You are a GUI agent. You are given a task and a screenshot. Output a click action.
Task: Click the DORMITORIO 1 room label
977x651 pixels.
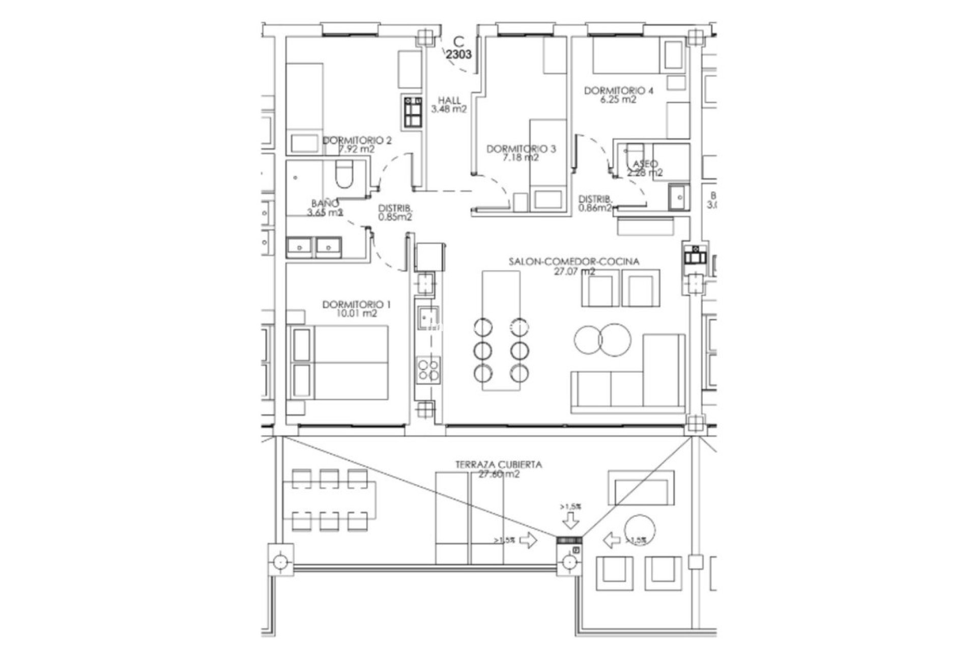pos(356,305)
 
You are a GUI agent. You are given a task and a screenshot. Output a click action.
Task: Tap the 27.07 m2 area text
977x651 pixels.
pos(574,272)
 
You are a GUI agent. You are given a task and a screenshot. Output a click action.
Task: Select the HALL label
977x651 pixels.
pos(449,101)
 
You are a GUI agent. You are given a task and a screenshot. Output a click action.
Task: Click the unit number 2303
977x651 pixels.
pos(458,54)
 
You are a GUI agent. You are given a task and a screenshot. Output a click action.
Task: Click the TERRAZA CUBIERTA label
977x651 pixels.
pos(498,464)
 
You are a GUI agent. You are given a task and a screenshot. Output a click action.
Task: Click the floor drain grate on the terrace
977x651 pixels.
pos(570,541)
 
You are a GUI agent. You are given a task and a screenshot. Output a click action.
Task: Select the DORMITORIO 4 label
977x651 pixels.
pos(618,91)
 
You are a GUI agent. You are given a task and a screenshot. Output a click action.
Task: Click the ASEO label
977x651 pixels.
pos(645,164)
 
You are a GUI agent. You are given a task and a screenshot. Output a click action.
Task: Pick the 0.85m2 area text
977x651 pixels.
pos(395,217)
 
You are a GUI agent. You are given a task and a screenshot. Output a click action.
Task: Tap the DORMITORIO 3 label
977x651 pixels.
pos(521,149)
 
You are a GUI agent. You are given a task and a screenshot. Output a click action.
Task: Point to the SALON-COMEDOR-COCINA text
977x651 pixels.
pos(574,262)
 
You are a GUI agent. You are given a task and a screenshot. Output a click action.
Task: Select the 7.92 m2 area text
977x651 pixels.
pos(356,150)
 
